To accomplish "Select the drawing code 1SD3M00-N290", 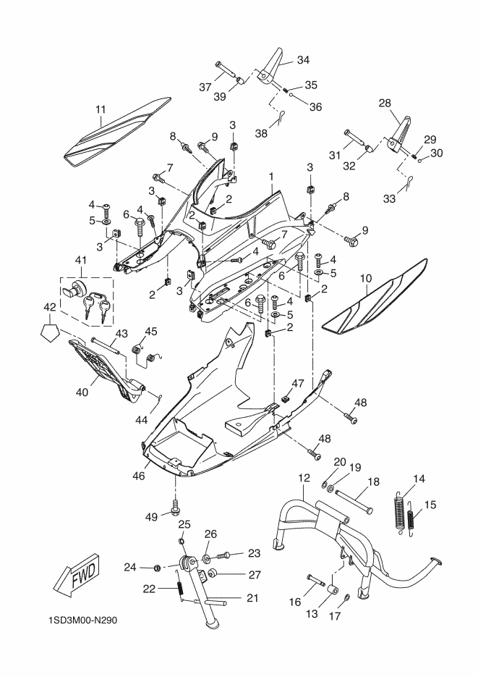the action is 82,621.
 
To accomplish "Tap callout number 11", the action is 101,109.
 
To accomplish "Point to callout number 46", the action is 138,476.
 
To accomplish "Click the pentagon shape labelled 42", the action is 50,333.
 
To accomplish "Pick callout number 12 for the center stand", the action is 304,478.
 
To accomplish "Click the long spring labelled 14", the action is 400,511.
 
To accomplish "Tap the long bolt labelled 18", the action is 353,501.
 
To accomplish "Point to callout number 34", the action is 304,59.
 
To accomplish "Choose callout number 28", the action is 385,104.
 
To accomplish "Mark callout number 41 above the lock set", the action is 81,260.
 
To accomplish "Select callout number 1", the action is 271,177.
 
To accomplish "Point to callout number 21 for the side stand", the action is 252,597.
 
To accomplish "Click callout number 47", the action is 298,383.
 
